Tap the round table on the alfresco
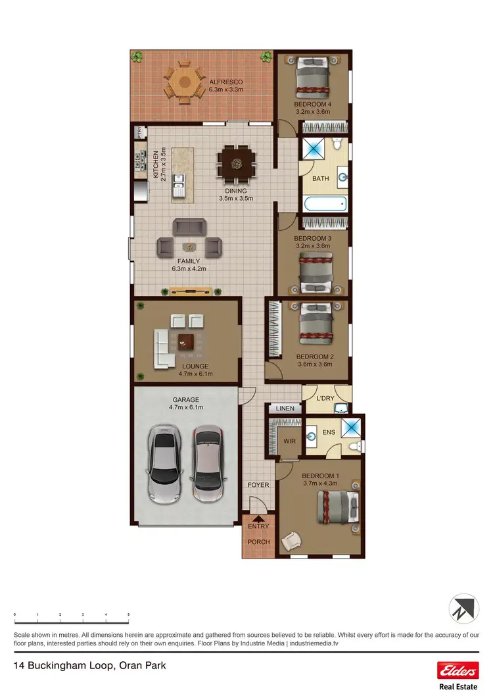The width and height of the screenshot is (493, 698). pos(184,83)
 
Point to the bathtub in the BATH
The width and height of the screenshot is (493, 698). pos(324,204)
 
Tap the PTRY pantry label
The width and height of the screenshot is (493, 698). pos(139,133)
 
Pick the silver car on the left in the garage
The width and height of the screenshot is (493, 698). pos(164,463)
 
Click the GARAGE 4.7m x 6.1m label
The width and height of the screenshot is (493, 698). pos(186,403)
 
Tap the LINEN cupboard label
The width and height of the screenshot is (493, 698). pos(285,409)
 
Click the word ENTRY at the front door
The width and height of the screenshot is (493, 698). pos(258,526)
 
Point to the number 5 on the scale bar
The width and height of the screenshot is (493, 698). pos(128,614)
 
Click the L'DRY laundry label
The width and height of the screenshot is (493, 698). pos(325,399)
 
